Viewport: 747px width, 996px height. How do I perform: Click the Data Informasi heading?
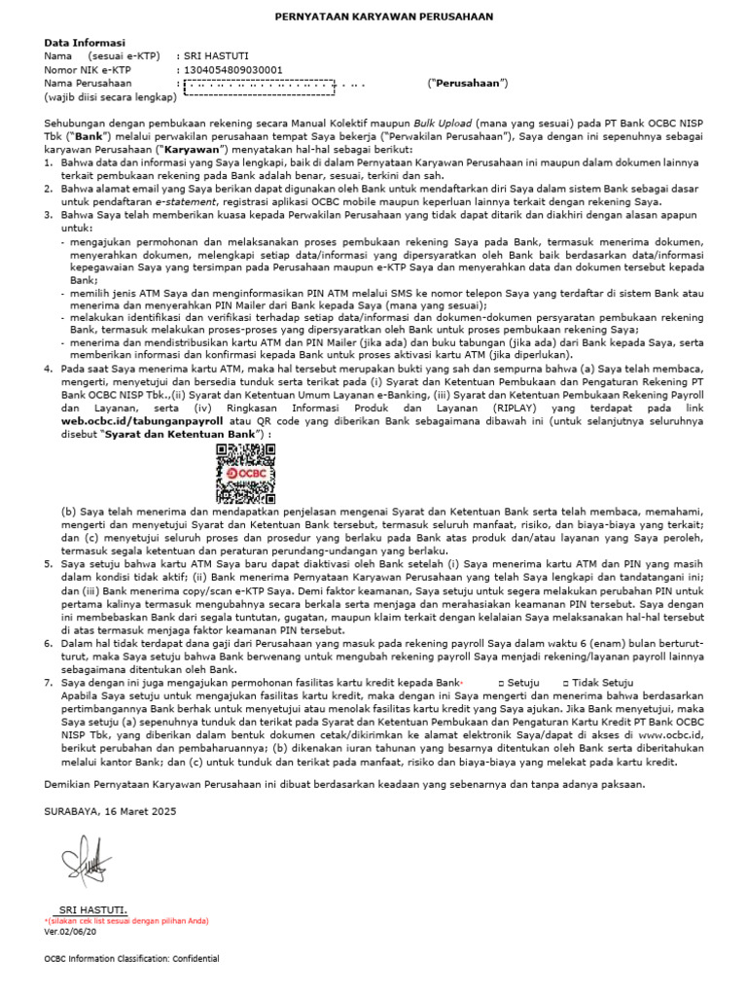84,44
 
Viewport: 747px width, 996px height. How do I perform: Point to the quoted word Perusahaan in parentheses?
468,84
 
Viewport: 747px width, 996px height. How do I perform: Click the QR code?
239,456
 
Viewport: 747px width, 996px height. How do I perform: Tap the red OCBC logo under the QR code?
239,474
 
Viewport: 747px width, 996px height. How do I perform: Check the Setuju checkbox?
501,684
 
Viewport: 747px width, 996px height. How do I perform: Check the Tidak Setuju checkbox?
568,684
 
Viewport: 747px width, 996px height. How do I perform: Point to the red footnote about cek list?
126,920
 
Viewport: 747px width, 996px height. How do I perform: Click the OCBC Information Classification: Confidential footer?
131,958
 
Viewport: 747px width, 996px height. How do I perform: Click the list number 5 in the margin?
50,563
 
